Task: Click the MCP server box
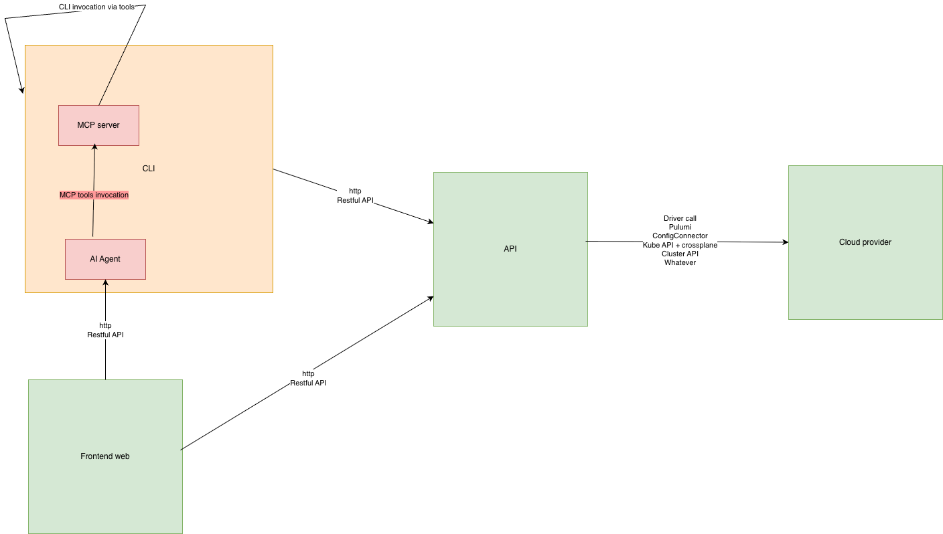(98, 125)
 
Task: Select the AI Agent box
(105, 259)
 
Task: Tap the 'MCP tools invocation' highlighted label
(94, 195)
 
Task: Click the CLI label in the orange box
(149, 169)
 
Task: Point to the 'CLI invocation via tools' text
(96, 7)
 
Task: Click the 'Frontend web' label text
(105, 456)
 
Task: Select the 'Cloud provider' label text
(865, 242)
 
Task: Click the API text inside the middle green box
(510, 249)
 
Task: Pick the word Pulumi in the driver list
(680, 227)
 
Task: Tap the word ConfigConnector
(680, 236)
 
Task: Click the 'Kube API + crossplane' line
(680, 245)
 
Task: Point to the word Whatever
(680, 263)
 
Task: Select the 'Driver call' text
(680, 218)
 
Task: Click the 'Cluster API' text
(680, 254)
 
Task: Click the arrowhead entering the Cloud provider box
(786, 242)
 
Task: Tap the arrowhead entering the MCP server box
(94, 147)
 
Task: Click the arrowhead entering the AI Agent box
(105, 283)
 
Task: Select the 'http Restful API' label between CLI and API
(355, 196)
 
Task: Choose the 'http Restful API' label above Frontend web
(105, 330)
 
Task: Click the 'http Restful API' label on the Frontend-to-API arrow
(308, 379)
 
